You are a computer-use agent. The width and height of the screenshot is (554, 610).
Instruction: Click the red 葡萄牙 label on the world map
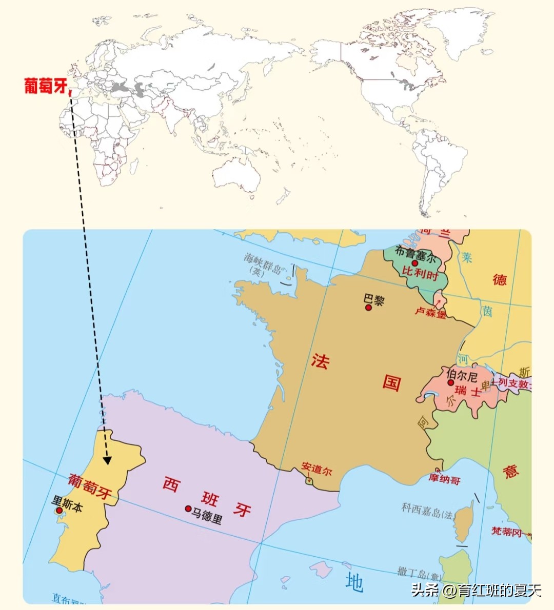pyautogui.click(x=46, y=86)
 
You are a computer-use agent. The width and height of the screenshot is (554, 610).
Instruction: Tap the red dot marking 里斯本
pyautogui.click(x=59, y=511)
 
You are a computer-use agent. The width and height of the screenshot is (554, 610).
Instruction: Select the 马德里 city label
pyautogui.click(x=207, y=514)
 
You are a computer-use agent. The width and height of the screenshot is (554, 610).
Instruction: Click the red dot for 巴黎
pyautogui.click(x=368, y=308)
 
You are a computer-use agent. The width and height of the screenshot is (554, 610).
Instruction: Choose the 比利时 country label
pyautogui.click(x=420, y=273)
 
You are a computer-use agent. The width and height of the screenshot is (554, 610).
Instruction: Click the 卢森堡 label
pyautogui.click(x=430, y=312)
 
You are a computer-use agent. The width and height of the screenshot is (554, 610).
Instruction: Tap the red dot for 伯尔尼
pyautogui.click(x=450, y=382)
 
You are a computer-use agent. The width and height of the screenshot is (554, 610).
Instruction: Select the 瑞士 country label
pyautogui.click(x=467, y=391)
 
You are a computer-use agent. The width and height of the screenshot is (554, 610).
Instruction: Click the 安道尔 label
pyautogui.click(x=316, y=469)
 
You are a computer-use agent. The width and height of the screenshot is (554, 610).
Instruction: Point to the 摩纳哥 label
pyautogui.click(x=445, y=479)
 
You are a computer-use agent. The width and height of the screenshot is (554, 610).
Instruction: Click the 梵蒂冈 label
pyautogui.click(x=507, y=532)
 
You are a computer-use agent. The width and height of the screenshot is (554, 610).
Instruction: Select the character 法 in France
pyautogui.click(x=320, y=360)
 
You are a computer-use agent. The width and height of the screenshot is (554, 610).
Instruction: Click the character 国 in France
pyautogui.click(x=391, y=382)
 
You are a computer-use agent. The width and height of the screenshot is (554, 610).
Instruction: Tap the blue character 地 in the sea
pyautogui.click(x=354, y=582)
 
